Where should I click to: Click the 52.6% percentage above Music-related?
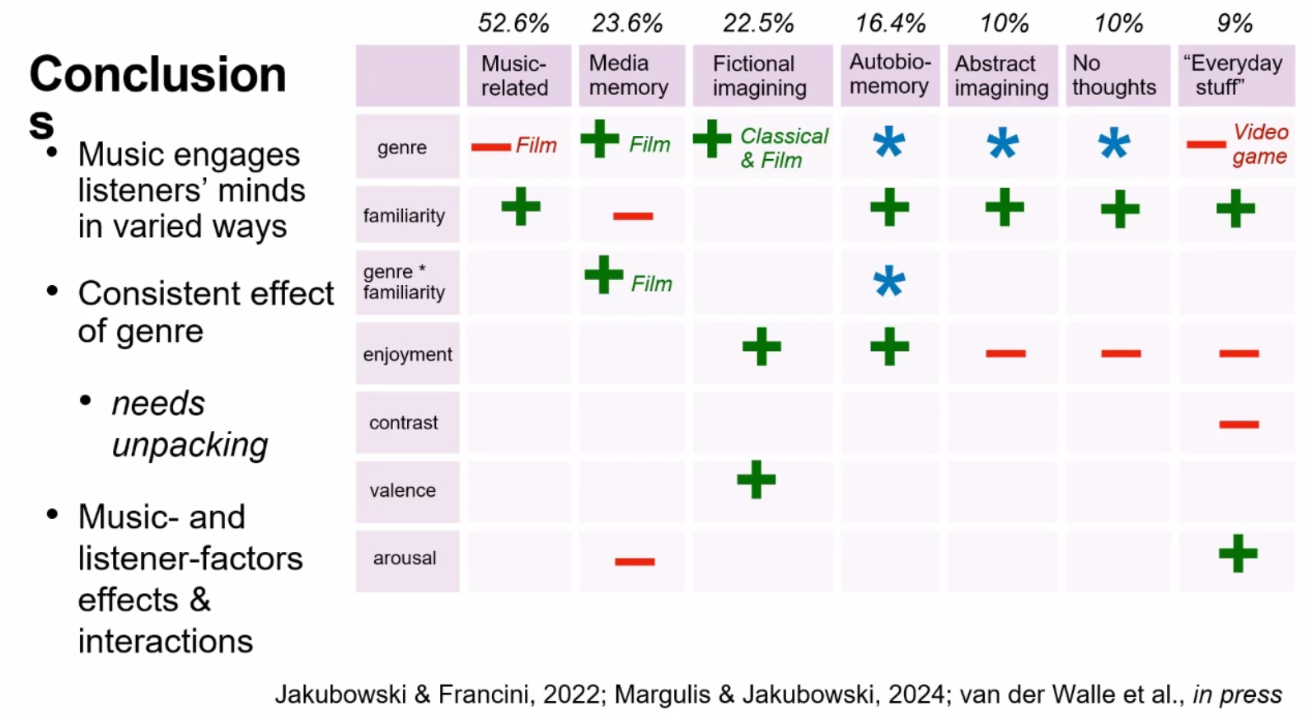[513, 23]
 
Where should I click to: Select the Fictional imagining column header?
[760, 76]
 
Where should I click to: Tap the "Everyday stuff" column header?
[1234, 75]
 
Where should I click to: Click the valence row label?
[402, 491]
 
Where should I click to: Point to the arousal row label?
[405, 559]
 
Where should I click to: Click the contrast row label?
[404, 423]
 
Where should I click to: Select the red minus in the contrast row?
[1239, 424]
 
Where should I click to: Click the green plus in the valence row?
[757, 479]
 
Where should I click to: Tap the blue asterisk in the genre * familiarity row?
[889, 283]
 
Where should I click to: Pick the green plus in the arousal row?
[1238, 553]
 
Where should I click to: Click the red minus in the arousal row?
[635, 562]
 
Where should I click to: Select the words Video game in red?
[1260, 144]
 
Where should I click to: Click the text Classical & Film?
[783, 148]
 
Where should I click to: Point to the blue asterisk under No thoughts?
[1113, 144]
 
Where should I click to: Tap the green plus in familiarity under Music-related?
[521, 206]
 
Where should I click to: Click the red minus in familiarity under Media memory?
[633, 216]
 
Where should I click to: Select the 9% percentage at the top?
[1234, 23]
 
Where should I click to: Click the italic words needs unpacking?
[190, 424]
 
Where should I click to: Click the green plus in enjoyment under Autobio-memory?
[889, 346]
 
